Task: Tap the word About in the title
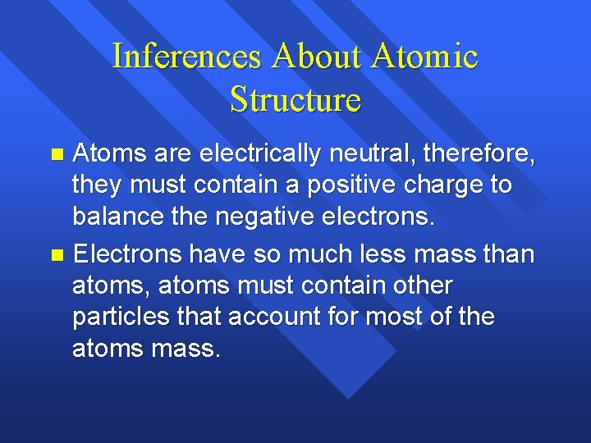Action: pyautogui.click(x=316, y=57)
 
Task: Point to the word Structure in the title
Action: pyautogui.click(x=295, y=99)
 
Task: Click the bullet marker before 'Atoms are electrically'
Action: pyautogui.click(x=56, y=153)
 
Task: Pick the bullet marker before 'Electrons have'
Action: pyautogui.click(x=56, y=256)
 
